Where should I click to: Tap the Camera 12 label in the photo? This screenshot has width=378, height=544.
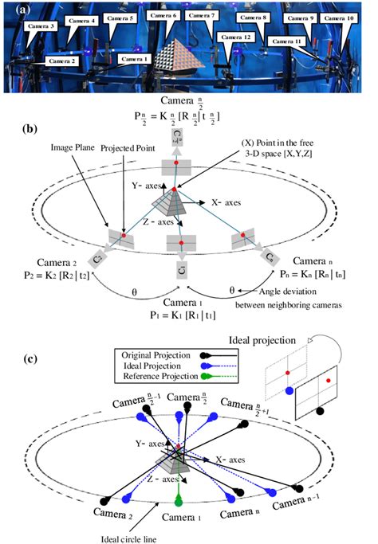pyautogui.click(x=238, y=37)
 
